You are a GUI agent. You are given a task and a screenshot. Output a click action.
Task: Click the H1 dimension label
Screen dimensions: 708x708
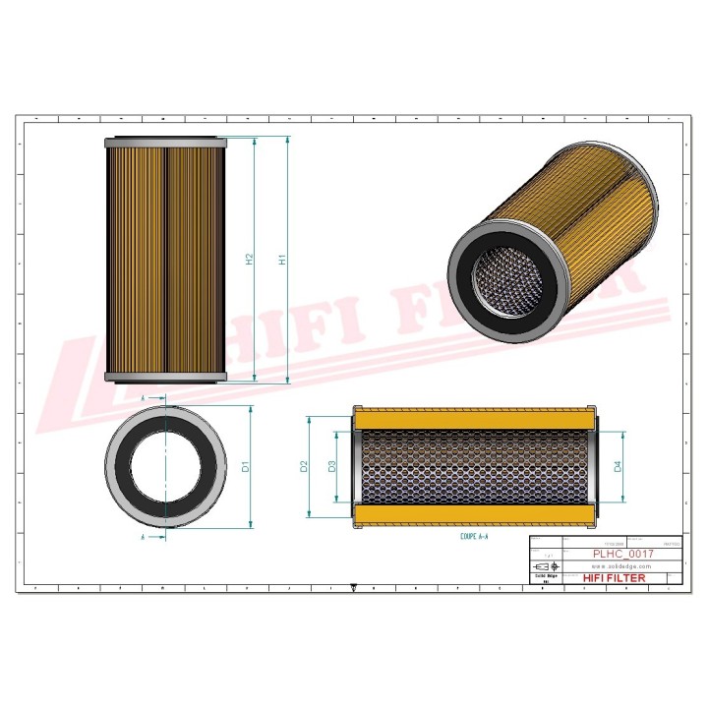tap(282, 261)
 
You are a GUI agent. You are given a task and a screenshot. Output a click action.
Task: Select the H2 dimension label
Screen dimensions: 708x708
tap(250, 261)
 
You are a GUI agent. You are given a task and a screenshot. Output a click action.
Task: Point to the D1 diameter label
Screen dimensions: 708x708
tap(246, 465)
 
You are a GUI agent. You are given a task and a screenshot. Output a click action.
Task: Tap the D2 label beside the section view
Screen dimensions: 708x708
tap(305, 465)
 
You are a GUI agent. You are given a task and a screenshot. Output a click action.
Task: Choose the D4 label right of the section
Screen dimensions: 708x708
tap(618, 465)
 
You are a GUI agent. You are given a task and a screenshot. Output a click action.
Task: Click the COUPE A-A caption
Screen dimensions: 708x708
tap(474, 539)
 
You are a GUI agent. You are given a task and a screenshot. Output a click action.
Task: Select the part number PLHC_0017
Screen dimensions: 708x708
tap(621, 555)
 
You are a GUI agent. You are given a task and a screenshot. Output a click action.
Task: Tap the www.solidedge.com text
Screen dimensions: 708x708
tap(622, 567)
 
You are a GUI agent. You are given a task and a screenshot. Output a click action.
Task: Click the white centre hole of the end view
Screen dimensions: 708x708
tap(165, 466)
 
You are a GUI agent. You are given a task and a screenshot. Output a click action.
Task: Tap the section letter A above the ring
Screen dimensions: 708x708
tap(145, 397)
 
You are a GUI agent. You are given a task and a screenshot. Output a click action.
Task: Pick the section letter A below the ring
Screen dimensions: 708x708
tap(145, 539)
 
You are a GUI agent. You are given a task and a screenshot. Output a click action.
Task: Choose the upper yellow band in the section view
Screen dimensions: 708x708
tap(474, 418)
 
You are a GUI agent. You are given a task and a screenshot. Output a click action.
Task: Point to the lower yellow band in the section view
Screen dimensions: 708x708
tap(474, 515)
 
